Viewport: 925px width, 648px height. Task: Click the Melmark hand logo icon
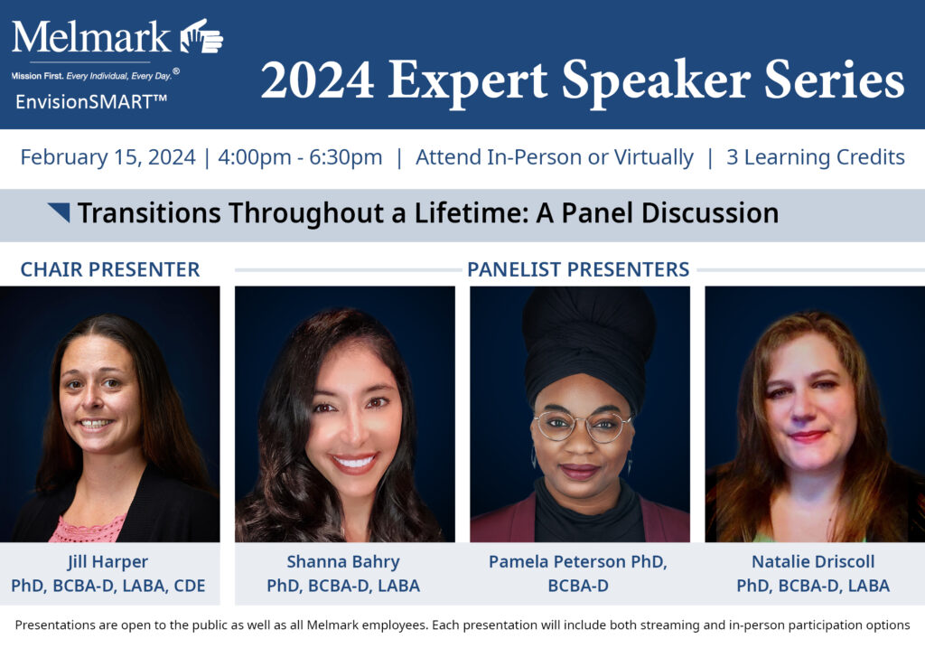201,36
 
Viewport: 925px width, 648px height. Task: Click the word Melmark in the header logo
91,37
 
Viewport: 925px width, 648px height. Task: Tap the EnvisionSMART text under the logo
91,101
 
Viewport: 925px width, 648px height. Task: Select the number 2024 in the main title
317,80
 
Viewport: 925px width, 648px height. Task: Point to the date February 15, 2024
108,157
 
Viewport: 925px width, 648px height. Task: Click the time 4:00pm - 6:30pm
300,157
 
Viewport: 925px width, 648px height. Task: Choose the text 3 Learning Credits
816,157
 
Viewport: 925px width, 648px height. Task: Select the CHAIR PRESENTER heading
110,269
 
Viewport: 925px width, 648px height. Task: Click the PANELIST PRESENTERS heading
578,269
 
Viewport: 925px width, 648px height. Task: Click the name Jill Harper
108,562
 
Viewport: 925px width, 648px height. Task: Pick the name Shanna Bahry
343,562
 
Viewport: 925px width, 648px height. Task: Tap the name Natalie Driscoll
813,562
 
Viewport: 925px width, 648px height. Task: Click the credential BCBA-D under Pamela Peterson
578,586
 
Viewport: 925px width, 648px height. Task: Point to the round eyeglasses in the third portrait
582,426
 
